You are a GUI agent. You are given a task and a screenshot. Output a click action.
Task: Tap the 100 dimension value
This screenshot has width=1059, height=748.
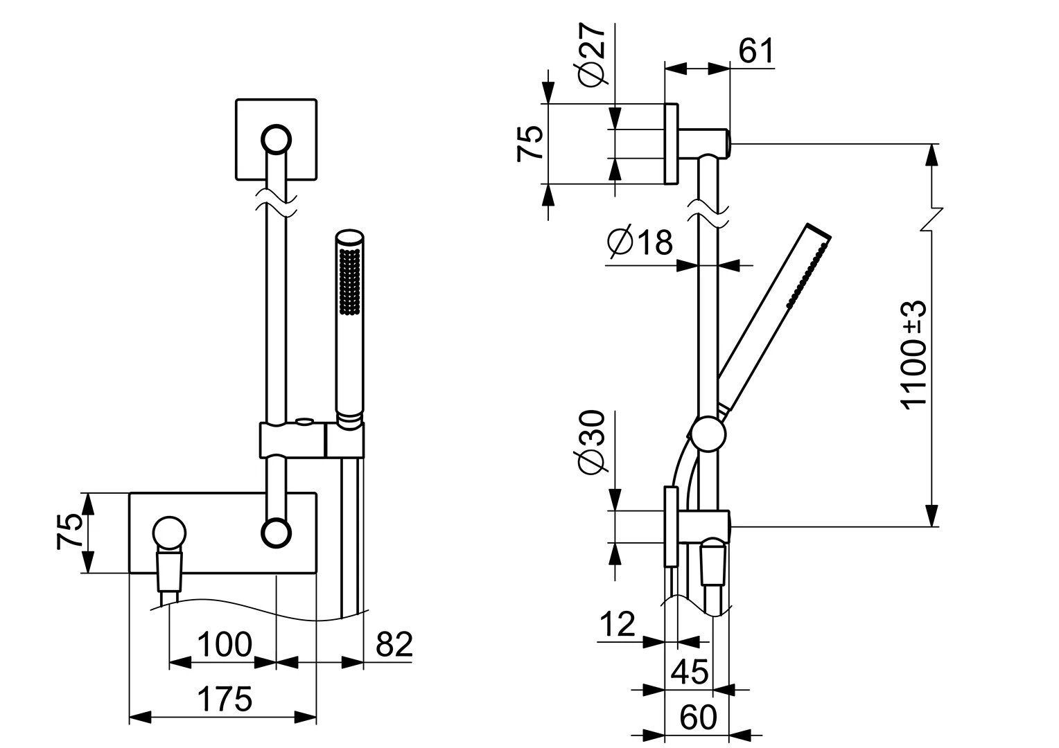224,645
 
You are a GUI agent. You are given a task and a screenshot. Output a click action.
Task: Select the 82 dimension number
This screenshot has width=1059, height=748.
394,645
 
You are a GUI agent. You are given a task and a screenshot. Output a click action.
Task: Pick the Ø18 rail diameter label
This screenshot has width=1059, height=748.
639,242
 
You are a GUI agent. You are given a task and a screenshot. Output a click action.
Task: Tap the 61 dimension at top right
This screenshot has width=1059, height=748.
755,52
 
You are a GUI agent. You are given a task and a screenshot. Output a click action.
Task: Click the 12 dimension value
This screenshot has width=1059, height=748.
617,625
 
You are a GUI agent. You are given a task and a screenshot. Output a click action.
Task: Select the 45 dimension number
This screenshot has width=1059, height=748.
690,671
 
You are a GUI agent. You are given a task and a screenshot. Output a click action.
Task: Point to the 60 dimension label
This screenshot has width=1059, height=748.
697,718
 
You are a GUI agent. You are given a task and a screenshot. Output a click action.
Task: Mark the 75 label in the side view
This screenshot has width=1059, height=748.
530,144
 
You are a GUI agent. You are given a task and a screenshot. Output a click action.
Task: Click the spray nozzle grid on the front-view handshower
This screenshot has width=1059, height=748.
350,280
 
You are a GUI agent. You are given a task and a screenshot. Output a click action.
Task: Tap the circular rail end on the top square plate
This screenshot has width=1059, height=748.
276,139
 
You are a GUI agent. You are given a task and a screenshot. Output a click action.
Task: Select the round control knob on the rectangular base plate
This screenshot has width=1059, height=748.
169,533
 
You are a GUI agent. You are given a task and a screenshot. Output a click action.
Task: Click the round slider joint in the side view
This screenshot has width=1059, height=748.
708,435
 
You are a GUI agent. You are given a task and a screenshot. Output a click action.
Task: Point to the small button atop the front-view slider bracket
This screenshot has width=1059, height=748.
304,420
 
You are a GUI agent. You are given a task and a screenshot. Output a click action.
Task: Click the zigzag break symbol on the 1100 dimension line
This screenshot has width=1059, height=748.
934,219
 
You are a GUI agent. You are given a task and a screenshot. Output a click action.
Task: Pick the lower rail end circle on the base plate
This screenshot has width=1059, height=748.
276,532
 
